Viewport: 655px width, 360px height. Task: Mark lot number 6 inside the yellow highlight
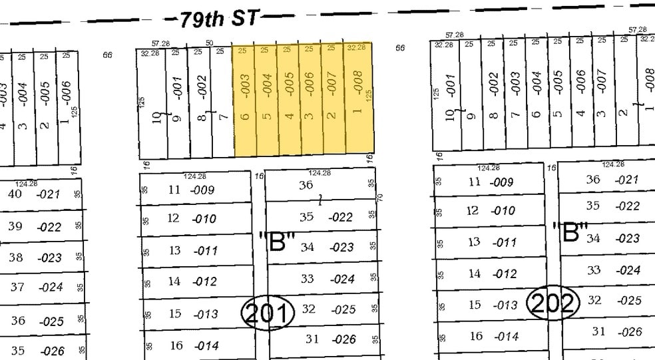coord(244,116)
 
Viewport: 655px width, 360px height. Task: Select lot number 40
coord(15,194)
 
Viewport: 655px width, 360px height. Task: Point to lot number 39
coord(15,226)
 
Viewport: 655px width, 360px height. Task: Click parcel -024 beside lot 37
coord(51,288)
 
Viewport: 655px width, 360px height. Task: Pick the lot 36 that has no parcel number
coord(306,185)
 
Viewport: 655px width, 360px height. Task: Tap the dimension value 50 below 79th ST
coord(209,43)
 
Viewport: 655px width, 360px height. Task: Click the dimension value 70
coord(379,198)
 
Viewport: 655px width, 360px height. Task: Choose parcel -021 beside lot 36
coord(627,180)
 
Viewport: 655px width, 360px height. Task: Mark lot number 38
coord(15,257)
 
